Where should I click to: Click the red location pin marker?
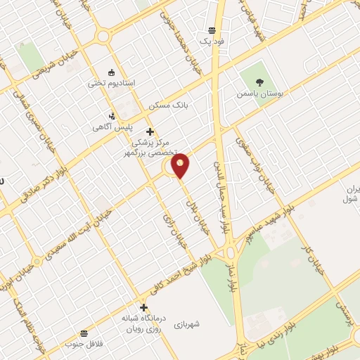click(x=181, y=165)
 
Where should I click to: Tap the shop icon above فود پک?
click(x=212, y=30)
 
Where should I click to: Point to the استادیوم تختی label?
click(x=106, y=83)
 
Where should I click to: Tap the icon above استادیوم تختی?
click(x=110, y=72)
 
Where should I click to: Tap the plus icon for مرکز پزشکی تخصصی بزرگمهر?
click(x=149, y=131)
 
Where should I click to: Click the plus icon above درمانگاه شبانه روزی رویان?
click(x=144, y=307)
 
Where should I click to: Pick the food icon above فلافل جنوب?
click(x=84, y=332)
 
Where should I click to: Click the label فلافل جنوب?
click(x=84, y=344)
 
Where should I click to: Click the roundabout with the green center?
click(x=230, y=254)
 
